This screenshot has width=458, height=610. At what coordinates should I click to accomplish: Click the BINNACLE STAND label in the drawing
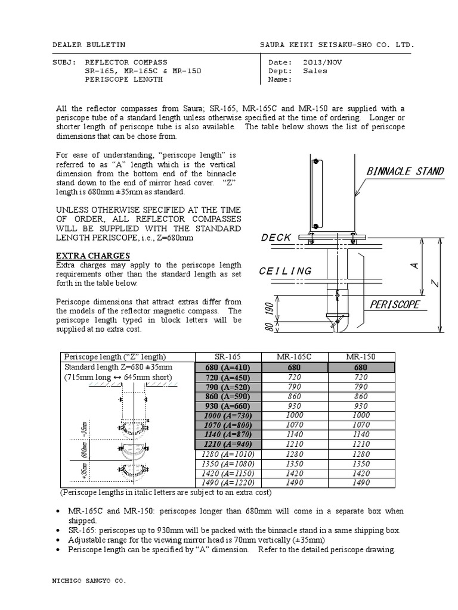405,172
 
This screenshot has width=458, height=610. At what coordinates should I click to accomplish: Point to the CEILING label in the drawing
285,271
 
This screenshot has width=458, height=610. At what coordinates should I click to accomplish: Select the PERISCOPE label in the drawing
395,304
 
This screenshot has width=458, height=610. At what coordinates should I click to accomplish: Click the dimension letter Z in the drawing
435,285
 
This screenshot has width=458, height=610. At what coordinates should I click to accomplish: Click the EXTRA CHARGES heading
92,256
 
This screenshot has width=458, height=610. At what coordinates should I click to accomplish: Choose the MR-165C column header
294,357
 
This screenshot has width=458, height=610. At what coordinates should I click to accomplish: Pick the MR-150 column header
361,357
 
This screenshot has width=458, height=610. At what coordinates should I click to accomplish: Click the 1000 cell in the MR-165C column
294,416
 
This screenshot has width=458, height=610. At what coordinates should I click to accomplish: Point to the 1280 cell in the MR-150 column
361,454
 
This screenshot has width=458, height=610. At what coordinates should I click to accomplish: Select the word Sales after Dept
315,71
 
